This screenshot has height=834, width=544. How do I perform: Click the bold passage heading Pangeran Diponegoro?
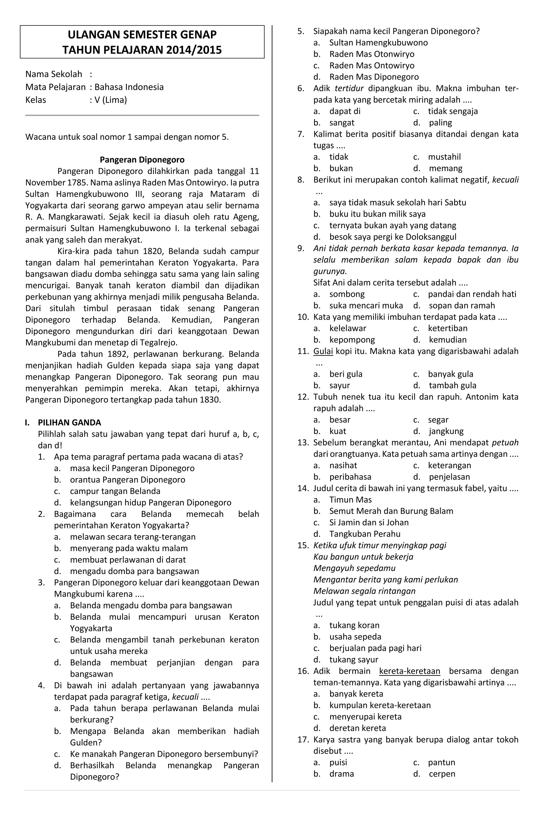pyautogui.click(x=142, y=160)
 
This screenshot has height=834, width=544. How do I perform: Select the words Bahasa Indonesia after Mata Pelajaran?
pyautogui.click(x=129, y=87)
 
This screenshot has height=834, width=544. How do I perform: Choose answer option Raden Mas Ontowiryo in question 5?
pyautogui.click(x=371, y=66)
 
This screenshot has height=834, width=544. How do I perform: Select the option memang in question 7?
pyautogui.click(x=445, y=168)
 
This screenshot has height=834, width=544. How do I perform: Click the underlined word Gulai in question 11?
pyautogui.click(x=323, y=351)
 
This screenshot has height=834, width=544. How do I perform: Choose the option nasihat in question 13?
pyautogui.click(x=343, y=465)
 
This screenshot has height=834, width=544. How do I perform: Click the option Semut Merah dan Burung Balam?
pyautogui.click(x=391, y=511)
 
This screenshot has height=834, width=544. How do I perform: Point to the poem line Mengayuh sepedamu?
pyautogui.click(x=354, y=568)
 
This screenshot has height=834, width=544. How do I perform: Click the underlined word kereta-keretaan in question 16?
pyautogui.click(x=409, y=671)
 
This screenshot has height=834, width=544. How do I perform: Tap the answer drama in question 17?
pyautogui.click(x=341, y=774)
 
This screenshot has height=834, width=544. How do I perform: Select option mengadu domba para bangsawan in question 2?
pyautogui.click(x=134, y=571)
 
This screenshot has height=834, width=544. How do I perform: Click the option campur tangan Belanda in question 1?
pyautogui.click(x=115, y=491)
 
